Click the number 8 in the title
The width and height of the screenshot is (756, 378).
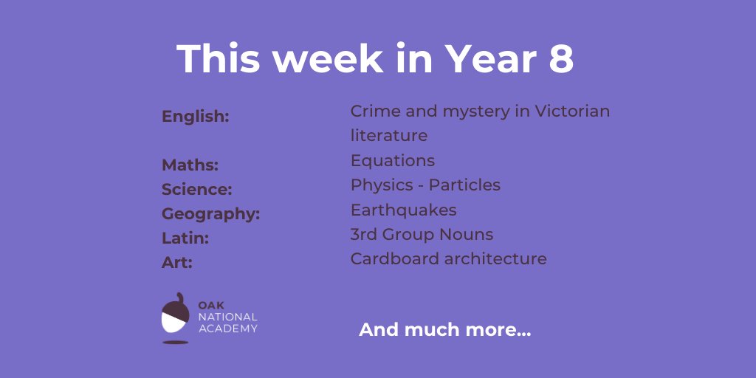click(561, 59)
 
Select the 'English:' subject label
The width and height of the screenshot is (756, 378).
click(196, 117)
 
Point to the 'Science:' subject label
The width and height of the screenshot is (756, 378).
click(197, 190)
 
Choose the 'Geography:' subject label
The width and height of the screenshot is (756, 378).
click(211, 214)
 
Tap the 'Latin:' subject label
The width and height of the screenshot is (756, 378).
click(185, 238)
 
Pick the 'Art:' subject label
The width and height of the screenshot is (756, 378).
click(177, 263)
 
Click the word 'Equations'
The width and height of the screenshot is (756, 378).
click(393, 161)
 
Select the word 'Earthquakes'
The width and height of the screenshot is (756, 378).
click(404, 210)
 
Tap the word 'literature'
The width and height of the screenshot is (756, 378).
click(389, 136)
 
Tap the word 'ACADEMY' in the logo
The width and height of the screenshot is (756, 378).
click(228, 329)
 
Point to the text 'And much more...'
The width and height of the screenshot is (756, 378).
click(444, 330)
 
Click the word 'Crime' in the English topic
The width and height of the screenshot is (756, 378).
click(373, 111)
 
